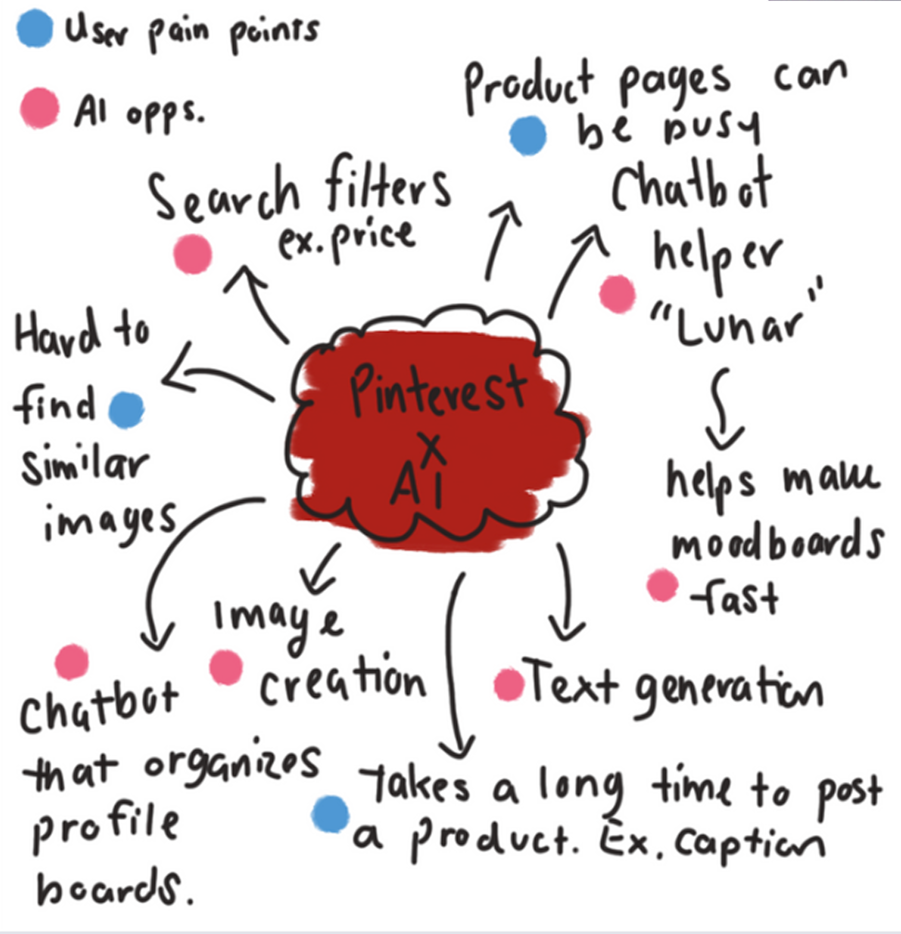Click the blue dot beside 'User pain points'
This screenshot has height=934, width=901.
click(35, 29)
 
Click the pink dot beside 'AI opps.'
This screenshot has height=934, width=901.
click(40, 108)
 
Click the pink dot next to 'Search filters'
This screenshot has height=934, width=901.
click(193, 253)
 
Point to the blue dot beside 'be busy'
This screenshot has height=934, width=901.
click(528, 135)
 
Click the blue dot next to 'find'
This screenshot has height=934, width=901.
click(126, 410)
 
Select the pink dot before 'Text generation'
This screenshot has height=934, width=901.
click(509, 684)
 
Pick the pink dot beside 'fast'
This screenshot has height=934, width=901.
click(662, 585)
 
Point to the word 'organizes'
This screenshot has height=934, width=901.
click(231, 766)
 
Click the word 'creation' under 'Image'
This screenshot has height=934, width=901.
click(342, 682)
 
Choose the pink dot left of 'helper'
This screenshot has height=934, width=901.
click(618, 294)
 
